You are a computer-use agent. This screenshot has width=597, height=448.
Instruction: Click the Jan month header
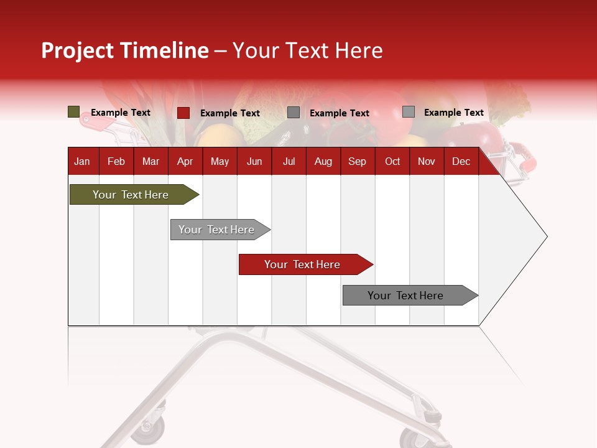(x=82, y=161)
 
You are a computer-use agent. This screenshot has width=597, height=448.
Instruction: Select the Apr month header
(x=185, y=161)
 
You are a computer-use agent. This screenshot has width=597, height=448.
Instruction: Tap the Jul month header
(x=289, y=161)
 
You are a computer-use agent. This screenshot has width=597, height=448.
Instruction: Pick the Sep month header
(x=357, y=161)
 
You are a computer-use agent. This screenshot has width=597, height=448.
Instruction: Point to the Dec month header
(x=461, y=161)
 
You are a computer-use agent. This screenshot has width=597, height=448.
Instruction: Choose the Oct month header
(x=392, y=161)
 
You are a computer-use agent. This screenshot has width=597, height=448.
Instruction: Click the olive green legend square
(x=73, y=112)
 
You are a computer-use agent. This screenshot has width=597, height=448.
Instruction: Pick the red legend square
(x=183, y=113)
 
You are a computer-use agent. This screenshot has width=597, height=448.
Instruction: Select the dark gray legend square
(x=294, y=113)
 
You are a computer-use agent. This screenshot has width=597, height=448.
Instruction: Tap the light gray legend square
(x=408, y=112)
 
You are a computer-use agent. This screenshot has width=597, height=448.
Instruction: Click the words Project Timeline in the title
(x=124, y=50)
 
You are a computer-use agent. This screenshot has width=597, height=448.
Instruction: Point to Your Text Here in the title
(x=307, y=50)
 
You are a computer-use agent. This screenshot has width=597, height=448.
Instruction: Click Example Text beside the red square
(x=229, y=113)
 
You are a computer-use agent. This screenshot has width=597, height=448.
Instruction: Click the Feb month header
(x=116, y=161)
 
